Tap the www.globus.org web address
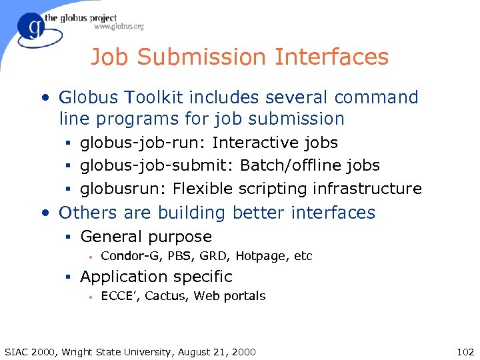pos(119,27)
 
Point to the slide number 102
pos(461,351)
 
